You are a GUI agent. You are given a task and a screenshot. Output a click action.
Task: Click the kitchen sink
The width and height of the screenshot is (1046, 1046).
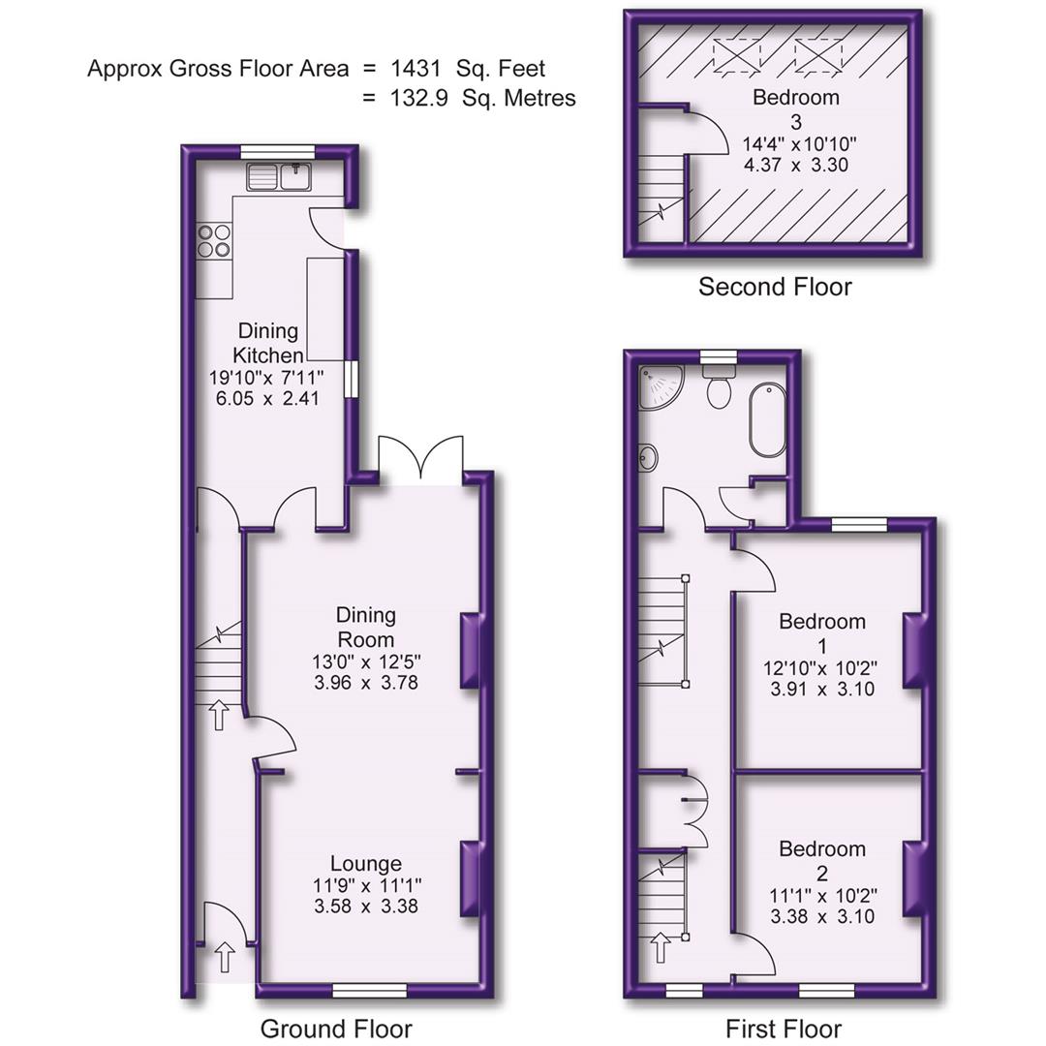click(x=277, y=176)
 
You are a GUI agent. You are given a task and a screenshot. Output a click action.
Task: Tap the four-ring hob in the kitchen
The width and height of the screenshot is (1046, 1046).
click(x=215, y=240)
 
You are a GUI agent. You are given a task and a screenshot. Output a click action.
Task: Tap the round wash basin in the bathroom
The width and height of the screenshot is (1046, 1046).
click(x=648, y=459)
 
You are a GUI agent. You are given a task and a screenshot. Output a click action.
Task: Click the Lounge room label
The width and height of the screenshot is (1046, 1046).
click(x=366, y=863)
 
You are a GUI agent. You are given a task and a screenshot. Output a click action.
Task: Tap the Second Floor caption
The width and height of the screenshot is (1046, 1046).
click(x=775, y=287)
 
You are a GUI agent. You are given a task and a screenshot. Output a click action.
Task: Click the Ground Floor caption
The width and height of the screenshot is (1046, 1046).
click(x=336, y=1029)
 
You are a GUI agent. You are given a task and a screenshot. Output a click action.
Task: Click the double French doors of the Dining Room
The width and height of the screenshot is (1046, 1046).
click(x=420, y=459)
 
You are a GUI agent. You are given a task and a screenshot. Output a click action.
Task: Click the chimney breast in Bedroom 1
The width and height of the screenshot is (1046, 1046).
click(x=912, y=650)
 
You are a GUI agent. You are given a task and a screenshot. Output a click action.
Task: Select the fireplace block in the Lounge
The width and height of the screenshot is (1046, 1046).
click(x=470, y=878)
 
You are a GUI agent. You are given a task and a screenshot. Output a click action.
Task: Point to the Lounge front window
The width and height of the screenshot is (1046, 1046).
click(x=369, y=989)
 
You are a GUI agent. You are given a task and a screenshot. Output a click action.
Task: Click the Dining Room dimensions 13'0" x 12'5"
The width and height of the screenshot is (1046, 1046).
click(x=365, y=662)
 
